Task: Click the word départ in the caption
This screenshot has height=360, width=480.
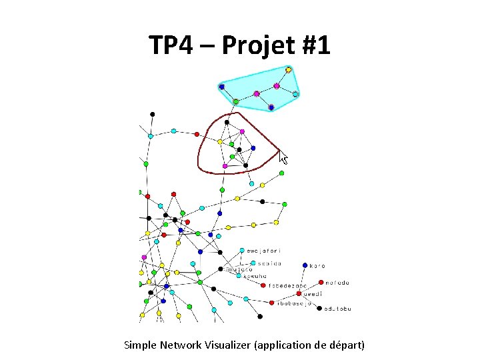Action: pos(346,345)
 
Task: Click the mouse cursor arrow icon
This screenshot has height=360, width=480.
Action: pos(283,158)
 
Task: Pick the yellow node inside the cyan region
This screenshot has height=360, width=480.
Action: pos(289,69)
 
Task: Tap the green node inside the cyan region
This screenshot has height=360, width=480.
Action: pos(235,101)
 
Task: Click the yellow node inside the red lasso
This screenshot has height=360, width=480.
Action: pos(220,141)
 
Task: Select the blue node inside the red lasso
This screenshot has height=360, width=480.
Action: pos(253,148)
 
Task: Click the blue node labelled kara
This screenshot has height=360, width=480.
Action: pos(305,265)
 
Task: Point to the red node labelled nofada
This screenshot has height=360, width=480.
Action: pos(321,283)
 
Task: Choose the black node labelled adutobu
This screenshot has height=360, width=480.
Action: pos(319,309)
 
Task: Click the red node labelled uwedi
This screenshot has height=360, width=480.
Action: pos(299,293)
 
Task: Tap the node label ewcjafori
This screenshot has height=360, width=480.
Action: pos(264,251)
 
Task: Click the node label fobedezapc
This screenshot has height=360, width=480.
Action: pos(287,285)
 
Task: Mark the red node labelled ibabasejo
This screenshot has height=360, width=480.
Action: pos(272,303)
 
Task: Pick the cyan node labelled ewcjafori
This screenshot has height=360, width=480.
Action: pos(242,251)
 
